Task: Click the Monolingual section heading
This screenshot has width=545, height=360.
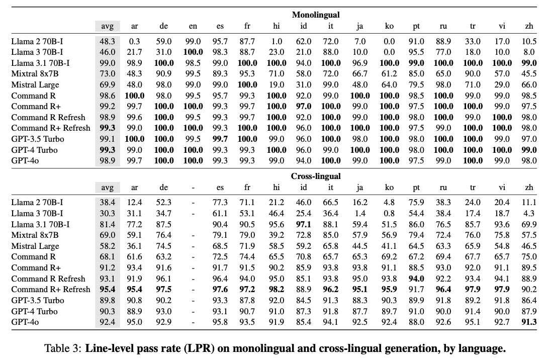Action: (316, 15)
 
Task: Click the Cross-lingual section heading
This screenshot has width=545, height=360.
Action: (316, 176)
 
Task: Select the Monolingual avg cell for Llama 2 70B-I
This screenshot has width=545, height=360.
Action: (108, 41)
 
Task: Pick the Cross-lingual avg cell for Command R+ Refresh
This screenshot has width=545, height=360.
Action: (108, 290)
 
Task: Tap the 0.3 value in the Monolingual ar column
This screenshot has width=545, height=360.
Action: (134, 41)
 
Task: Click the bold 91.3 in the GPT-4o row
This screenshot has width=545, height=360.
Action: (528, 322)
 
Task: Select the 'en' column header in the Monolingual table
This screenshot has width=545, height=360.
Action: (193, 27)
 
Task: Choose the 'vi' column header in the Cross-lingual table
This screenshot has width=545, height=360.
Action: (502, 188)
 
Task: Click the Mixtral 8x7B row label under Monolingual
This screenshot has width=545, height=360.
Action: (35, 74)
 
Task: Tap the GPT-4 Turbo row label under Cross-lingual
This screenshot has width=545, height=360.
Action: (34, 311)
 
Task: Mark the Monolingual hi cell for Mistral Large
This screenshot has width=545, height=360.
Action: (276, 85)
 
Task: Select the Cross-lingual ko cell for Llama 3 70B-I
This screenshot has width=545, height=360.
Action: (389, 213)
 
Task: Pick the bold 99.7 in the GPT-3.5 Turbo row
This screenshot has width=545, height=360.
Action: (220, 139)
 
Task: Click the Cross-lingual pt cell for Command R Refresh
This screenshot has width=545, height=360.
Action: (416, 279)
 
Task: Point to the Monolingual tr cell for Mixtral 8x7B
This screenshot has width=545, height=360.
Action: (473, 74)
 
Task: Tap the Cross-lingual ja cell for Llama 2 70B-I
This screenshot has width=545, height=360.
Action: (359, 202)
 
